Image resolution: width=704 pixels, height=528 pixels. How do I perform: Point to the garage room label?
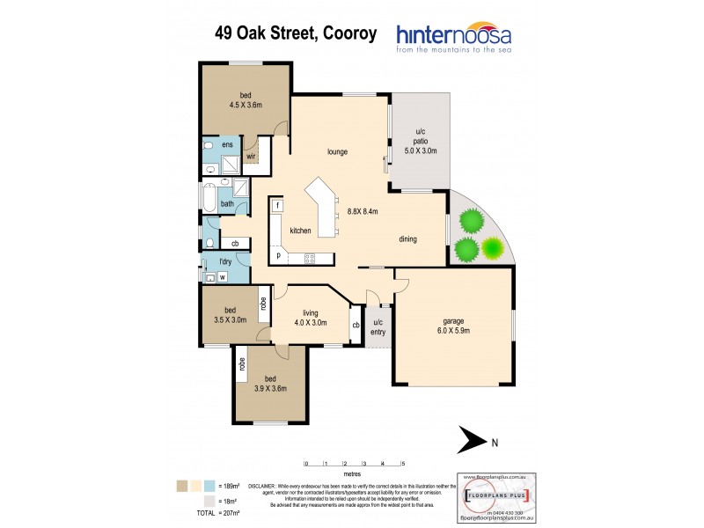click(x=453, y=326)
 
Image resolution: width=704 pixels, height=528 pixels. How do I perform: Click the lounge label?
click(x=337, y=151)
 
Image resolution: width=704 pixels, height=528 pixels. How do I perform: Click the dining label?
click(x=407, y=239)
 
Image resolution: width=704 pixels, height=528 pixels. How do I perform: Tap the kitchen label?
click(x=301, y=231)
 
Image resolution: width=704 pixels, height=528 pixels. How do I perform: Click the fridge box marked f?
click(x=277, y=206)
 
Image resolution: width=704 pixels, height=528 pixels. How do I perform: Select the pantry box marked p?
click(x=278, y=255)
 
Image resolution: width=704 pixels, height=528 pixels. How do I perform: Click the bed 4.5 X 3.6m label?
click(x=246, y=99)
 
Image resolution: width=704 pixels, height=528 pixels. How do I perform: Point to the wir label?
click(x=250, y=157)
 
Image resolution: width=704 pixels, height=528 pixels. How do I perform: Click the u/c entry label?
click(x=378, y=326)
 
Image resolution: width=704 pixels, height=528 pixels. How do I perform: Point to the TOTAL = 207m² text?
click(x=220, y=511)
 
